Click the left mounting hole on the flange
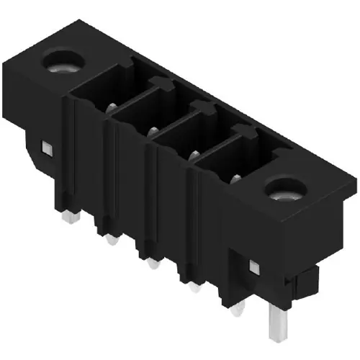(63, 66)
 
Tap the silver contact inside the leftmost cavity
(112, 108)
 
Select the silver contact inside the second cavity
(153, 131)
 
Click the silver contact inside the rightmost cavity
(235, 177)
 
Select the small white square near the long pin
(253, 267)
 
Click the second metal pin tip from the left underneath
(110, 240)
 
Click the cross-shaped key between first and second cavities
(163, 84)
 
